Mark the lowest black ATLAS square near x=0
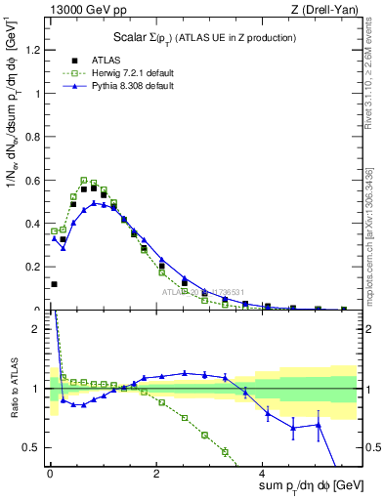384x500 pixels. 54,284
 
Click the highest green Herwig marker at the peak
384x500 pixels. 84,180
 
